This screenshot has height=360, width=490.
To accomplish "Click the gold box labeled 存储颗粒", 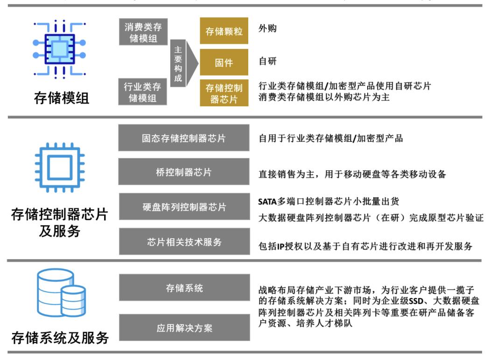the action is [224, 31].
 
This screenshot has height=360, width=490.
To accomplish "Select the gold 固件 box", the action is [224, 62].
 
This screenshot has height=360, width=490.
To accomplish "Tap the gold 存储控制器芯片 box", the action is [224, 93].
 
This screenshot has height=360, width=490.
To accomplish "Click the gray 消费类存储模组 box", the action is [143, 32].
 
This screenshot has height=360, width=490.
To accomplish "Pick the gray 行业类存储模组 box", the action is [142, 92].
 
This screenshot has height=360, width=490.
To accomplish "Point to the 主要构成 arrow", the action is [184, 63].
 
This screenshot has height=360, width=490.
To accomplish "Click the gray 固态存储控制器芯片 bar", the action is [184, 138].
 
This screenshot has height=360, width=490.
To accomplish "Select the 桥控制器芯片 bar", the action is [184, 172].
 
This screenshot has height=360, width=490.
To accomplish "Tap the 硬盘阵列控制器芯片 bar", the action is [184, 207].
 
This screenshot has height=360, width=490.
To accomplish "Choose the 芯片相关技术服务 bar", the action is [184, 242].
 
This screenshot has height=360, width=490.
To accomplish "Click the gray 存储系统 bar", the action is [184, 288].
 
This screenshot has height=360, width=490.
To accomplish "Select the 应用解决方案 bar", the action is [184, 327].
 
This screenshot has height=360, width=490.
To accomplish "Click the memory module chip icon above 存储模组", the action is [59, 49].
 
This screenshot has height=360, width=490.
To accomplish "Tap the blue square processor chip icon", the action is [60, 167].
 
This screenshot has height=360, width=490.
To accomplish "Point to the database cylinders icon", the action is [61, 292].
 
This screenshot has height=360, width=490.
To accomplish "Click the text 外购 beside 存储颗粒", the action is [267, 28].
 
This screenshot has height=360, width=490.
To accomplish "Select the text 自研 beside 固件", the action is [267, 61].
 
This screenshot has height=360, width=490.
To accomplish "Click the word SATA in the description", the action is [267, 202].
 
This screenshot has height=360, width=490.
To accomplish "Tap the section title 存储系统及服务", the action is [60, 338].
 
